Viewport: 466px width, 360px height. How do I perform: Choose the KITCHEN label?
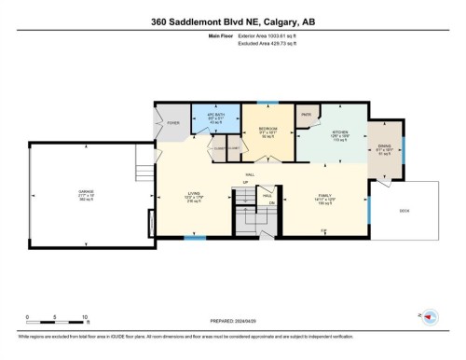point(339,132)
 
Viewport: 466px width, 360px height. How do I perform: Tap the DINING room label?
point(385,145)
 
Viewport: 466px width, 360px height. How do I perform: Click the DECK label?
point(404,211)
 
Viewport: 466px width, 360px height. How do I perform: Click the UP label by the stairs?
point(244,181)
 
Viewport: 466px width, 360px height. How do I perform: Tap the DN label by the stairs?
point(272,202)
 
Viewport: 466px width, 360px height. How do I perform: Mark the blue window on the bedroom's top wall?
point(267,102)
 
